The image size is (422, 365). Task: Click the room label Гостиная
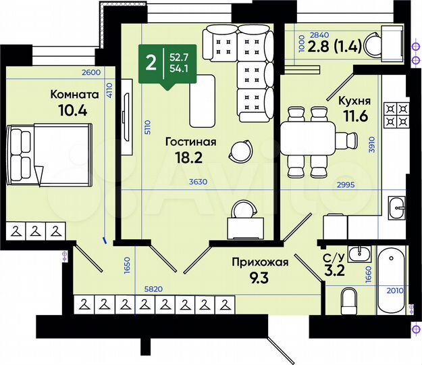191,141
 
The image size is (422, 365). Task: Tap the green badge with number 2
151,64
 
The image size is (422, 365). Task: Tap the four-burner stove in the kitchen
396,115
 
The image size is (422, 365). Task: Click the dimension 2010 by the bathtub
394,291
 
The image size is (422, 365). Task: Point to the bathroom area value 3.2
334,273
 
